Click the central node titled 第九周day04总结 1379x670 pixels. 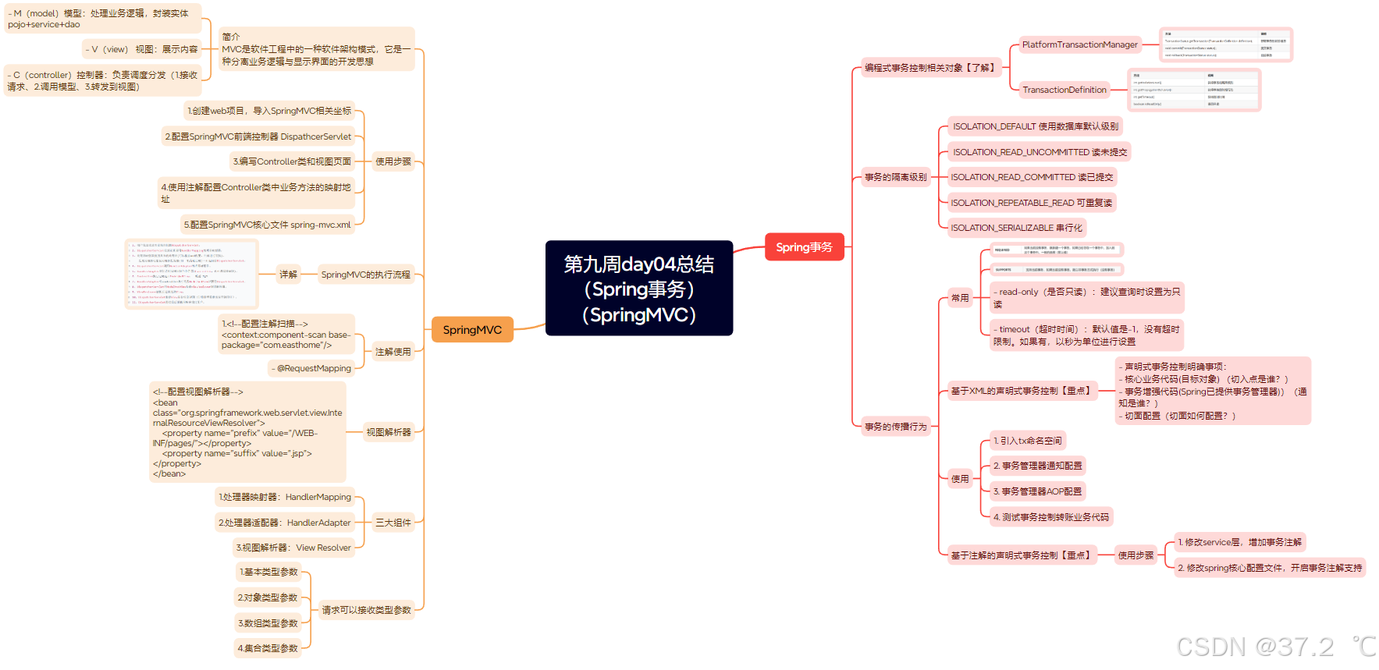(x=638, y=288)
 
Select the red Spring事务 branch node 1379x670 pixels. (x=804, y=247)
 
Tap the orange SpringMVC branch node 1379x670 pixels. (x=472, y=330)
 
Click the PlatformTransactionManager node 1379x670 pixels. (x=1079, y=45)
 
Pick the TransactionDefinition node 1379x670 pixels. (x=1064, y=90)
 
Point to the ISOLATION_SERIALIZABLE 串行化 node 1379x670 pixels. (x=1016, y=228)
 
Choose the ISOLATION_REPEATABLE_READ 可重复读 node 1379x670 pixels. (x=1031, y=203)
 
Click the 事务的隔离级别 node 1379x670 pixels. (x=895, y=177)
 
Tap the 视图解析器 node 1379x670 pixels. (x=389, y=432)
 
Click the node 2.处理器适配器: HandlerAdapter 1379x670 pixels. (x=285, y=523)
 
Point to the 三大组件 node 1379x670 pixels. (x=393, y=523)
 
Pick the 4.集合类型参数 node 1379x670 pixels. (x=268, y=648)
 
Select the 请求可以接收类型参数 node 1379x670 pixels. (x=366, y=610)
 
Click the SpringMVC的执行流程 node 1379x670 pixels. (x=365, y=275)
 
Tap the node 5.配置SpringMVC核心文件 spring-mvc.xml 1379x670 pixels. (x=267, y=225)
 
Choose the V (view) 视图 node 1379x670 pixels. (x=141, y=49)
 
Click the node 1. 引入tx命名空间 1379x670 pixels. (x=1027, y=441)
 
